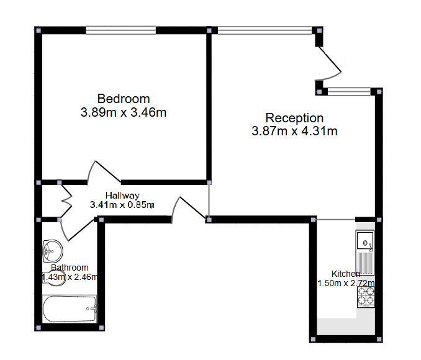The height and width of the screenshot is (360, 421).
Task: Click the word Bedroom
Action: click(124, 99)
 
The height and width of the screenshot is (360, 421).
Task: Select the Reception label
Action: click(294, 118)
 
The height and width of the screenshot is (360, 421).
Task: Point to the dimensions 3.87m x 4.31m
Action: click(294, 131)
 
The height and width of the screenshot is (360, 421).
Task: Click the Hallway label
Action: click(122, 195)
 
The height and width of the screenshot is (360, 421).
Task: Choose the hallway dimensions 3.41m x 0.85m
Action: click(122, 204)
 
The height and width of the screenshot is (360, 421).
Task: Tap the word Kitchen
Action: click(345, 274)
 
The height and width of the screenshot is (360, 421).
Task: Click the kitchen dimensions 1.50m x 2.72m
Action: click(345, 284)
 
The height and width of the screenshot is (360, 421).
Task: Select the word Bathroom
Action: click(70, 268)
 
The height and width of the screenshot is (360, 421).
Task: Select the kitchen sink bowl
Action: click(365, 241)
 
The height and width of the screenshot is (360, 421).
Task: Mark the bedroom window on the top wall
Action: click(120, 30)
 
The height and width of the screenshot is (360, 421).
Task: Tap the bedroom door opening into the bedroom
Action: click(104, 171)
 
